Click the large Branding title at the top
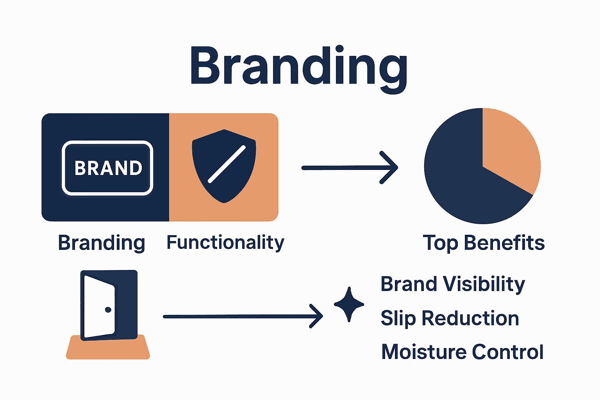(x=299, y=66)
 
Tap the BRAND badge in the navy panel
(x=107, y=168)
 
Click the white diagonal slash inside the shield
(x=227, y=164)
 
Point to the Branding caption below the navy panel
(x=102, y=243)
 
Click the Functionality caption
(x=225, y=243)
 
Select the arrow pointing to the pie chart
(x=350, y=168)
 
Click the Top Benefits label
(x=484, y=243)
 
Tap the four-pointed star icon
(x=349, y=304)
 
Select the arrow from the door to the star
(x=243, y=316)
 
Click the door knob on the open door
(x=108, y=310)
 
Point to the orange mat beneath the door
(x=108, y=350)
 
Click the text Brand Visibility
(x=453, y=284)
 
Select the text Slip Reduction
(x=450, y=318)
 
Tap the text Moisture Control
(x=462, y=352)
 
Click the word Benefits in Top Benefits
(x=504, y=243)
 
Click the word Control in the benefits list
(x=507, y=352)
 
